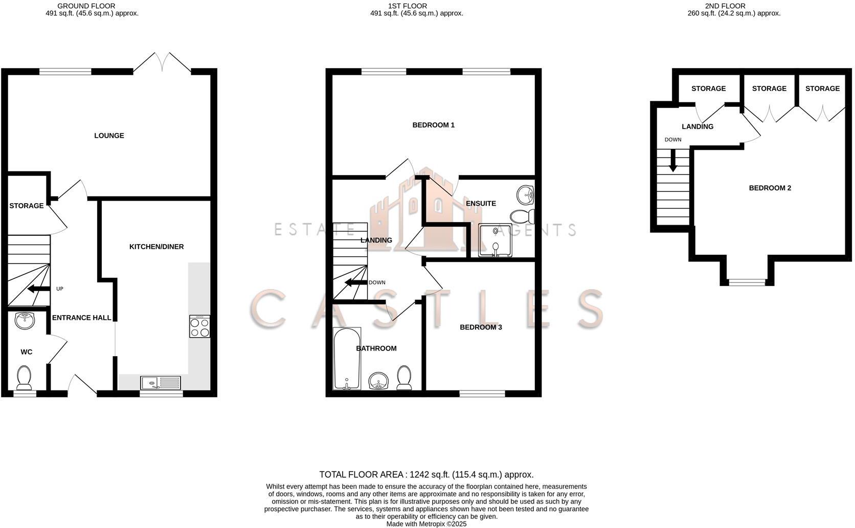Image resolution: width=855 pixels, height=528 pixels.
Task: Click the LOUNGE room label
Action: pyautogui.click(x=109, y=136)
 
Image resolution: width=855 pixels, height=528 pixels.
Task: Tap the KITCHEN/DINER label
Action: pyautogui.click(x=156, y=247)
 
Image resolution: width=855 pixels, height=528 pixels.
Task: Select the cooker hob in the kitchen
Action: pyautogui.click(x=199, y=326)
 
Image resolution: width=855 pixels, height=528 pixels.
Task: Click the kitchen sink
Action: pyautogui.click(x=161, y=382)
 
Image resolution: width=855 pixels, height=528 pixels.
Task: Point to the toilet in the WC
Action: pyautogui.click(x=24, y=378)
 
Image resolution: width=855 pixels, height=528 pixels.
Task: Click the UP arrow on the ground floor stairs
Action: pyautogui.click(x=36, y=290)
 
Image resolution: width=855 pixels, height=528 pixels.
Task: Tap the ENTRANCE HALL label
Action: pyautogui.click(x=81, y=318)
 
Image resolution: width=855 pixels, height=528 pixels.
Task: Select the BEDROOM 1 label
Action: pyautogui.click(x=433, y=125)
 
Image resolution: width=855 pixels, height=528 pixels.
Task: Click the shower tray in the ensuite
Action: pyautogui.click(x=494, y=240)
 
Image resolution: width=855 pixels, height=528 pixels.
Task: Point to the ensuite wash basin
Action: pyautogui.click(x=525, y=194)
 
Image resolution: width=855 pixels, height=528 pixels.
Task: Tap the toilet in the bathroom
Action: pyautogui.click(x=404, y=378)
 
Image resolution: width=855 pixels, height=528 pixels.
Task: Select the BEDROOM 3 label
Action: pyautogui.click(x=481, y=327)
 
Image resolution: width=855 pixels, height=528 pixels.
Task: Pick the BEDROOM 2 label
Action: pyautogui.click(x=770, y=188)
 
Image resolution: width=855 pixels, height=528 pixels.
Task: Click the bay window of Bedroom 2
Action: pyautogui.click(x=747, y=282)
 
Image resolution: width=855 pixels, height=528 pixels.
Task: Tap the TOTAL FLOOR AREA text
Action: pyautogui.click(x=426, y=475)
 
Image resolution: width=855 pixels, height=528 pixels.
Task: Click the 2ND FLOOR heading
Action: pyautogui.click(x=725, y=6)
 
